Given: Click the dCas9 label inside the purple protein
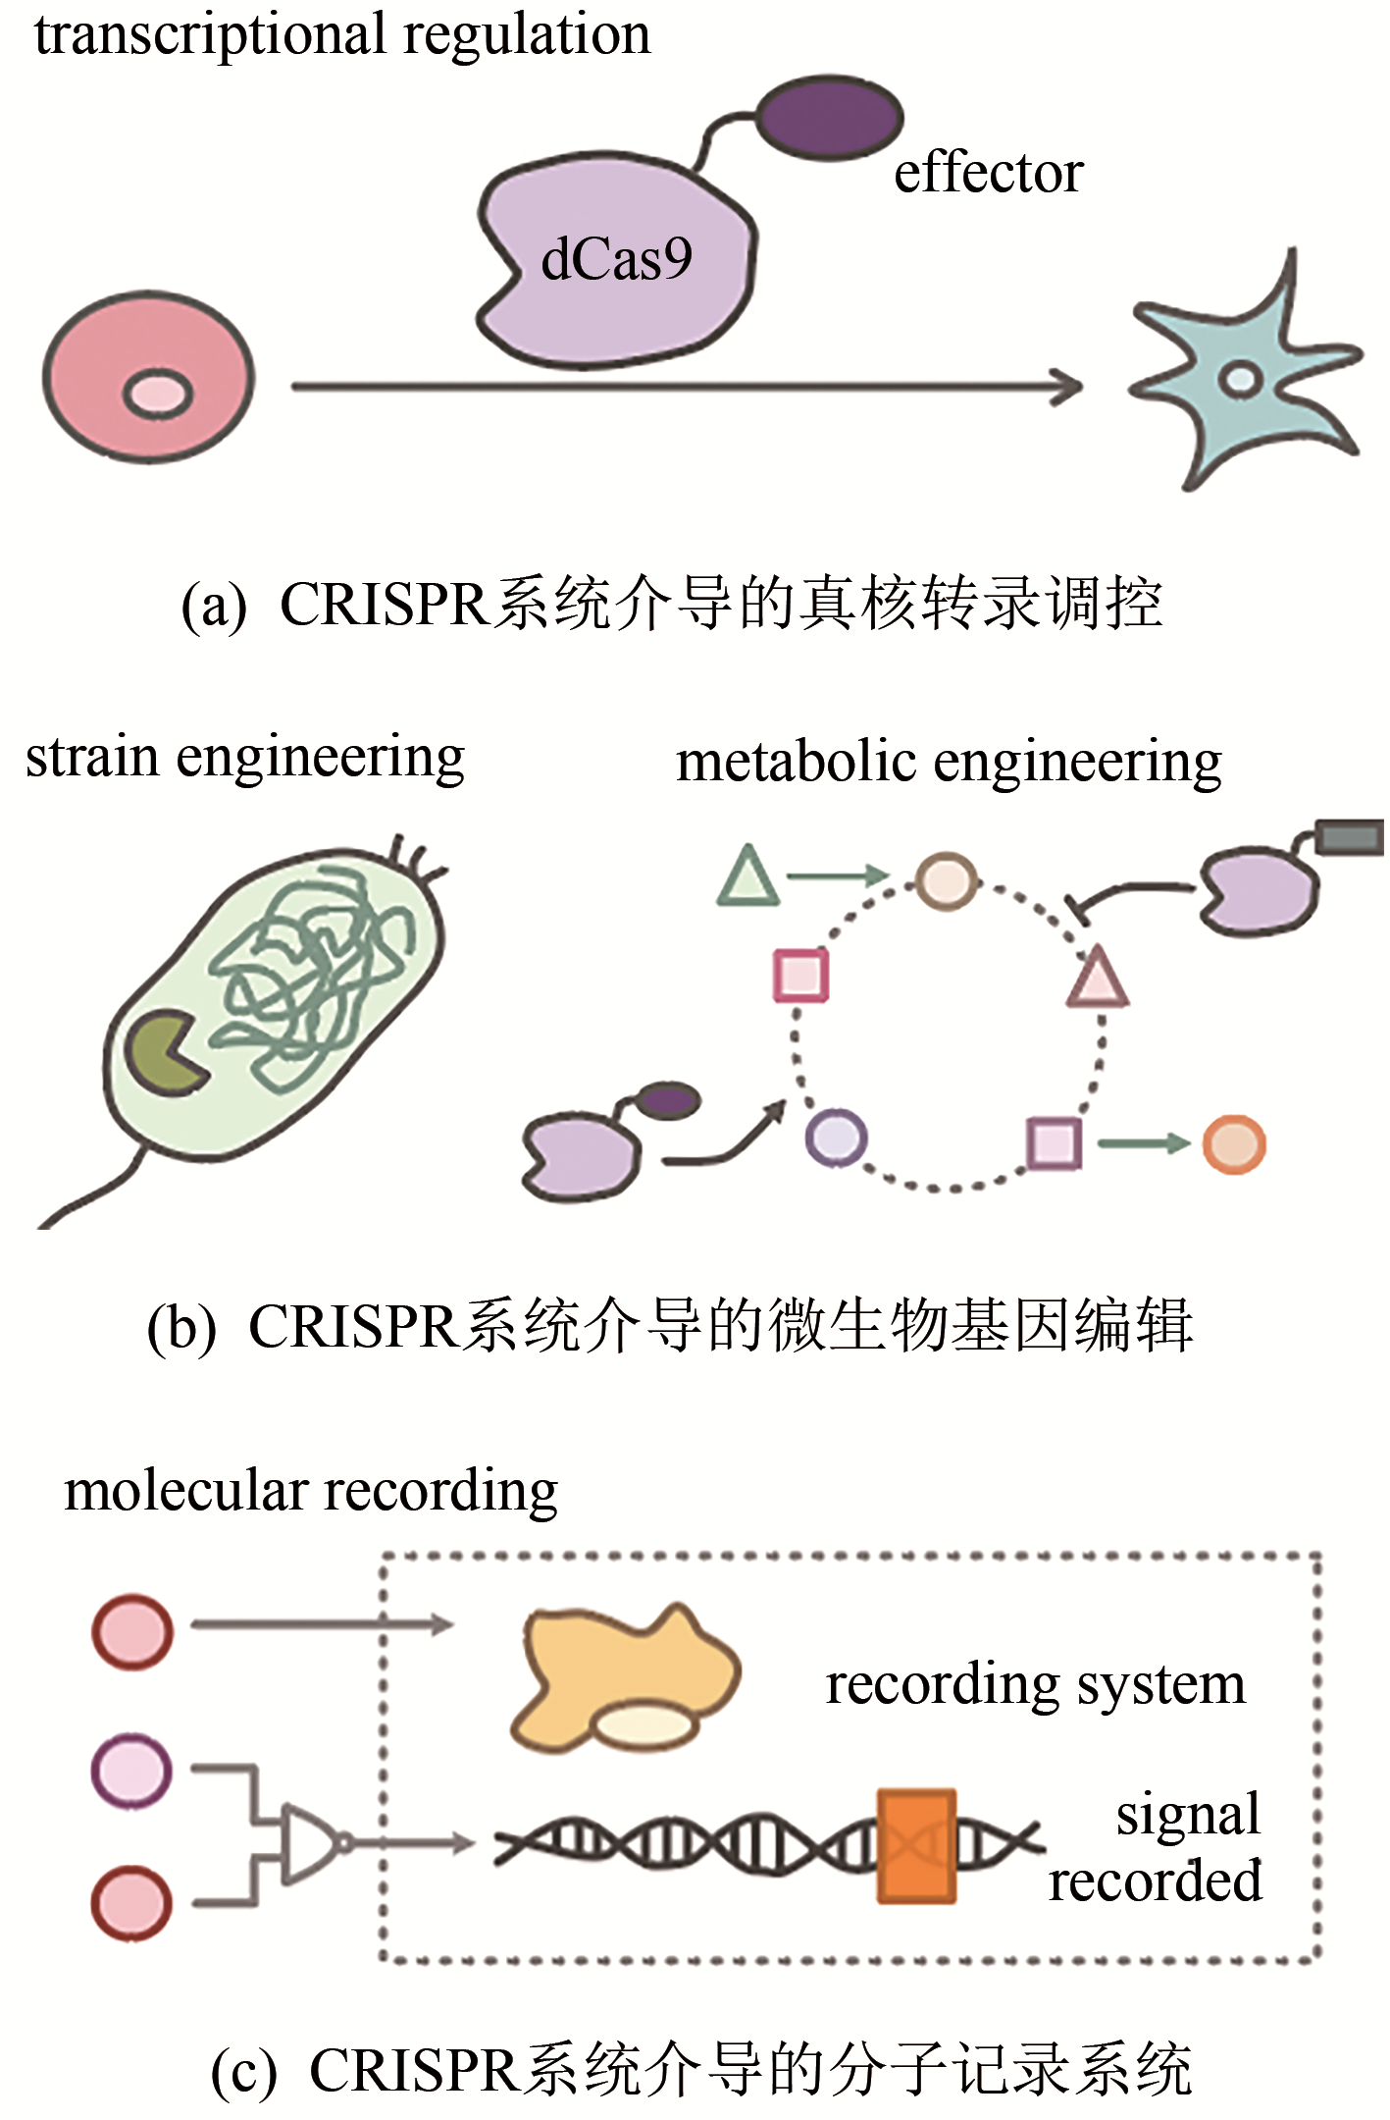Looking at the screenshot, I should (x=616, y=260).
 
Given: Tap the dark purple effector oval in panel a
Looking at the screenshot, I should (x=830, y=118).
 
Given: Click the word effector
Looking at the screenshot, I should (x=988, y=174).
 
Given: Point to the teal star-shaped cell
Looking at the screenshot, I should (x=1242, y=378).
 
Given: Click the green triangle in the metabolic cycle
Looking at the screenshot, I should (x=748, y=875).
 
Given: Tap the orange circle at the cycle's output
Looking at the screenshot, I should (x=1234, y=1144).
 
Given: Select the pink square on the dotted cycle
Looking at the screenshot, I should (x=800, y=975).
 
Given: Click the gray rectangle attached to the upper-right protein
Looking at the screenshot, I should (x=1350, y=837).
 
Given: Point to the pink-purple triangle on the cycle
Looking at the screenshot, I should (x=1098, y=979).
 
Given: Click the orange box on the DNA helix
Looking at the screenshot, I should (x=916, y=1846).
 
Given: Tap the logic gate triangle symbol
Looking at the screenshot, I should (x=308, y=1843).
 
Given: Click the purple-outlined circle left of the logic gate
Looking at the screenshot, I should (x=131, y=1771).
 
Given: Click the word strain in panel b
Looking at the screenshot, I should (x=91, y=758).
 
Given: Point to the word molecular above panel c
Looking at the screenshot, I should (x=185, y=1492).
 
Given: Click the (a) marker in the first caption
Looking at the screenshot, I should (x=214, y=606).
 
